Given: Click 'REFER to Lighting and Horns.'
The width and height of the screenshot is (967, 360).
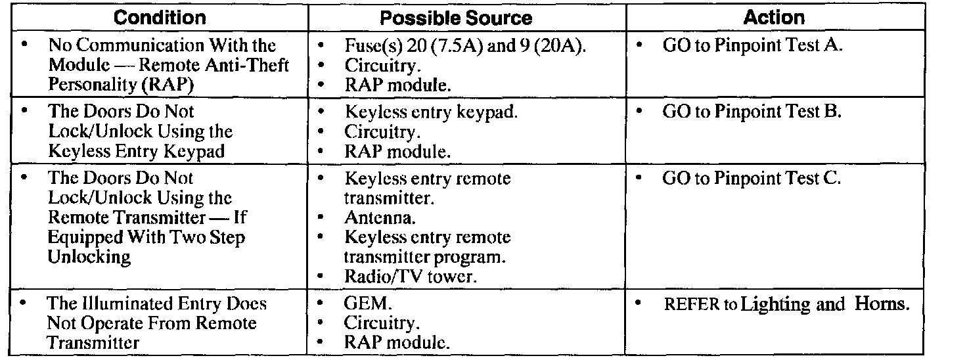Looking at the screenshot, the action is [x=786, y=304].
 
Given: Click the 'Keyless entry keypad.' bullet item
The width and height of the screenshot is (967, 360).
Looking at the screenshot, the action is [x=431, y=112].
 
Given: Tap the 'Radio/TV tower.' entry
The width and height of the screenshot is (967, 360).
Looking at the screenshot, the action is [x=410, y=277].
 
